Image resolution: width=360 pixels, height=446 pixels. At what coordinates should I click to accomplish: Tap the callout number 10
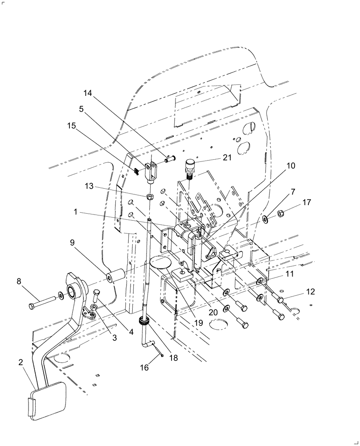pyautogui.click(x=290, y=165)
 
